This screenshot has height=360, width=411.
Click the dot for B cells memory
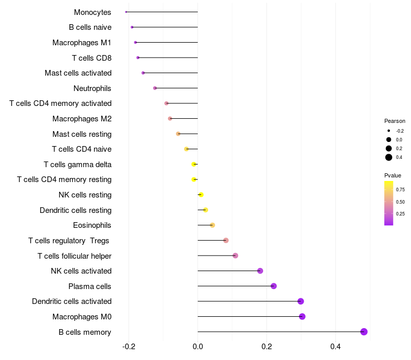[x=364, y=332]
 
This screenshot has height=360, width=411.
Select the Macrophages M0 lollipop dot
[x=302, y=316]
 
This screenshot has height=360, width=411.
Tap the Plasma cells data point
[x=273, y=286]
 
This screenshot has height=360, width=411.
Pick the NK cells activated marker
[x=260, y=271]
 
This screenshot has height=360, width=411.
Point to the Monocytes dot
[x=126, y=12]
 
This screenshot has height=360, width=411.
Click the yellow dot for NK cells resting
[x=201, y=195]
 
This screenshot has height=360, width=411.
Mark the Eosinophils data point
[x=212, y=225]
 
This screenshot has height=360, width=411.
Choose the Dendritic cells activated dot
[x=301, y=301]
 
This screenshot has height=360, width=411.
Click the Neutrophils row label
[x=92, y=88]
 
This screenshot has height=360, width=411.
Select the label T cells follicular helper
[x=74, y=256]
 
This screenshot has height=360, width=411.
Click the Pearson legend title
[x=395, y=121]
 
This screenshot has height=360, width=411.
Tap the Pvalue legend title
[x=393, y=175]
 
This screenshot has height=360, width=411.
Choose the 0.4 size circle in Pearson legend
[x=389, y=157]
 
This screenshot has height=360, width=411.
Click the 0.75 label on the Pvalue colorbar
[x=401, y=189]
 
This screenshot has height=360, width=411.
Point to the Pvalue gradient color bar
[x=389, y=203]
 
